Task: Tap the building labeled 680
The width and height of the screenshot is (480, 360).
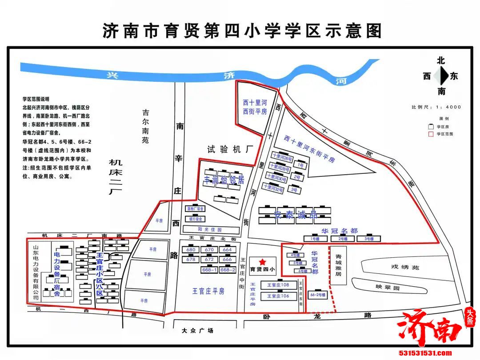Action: click(192, 250)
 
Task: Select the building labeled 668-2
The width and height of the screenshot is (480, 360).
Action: click(228, 270)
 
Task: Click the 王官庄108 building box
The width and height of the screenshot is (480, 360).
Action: click(278, 284)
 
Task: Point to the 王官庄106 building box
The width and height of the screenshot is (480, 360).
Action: click(278, 296)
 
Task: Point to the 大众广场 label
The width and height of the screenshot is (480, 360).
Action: click(198, 331)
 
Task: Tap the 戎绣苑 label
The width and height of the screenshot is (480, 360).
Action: click(405, 267)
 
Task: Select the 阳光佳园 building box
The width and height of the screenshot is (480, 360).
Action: click(209, 230)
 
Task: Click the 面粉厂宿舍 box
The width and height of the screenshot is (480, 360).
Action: click(195, 208)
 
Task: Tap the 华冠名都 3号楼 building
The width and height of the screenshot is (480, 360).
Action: click(368, 239)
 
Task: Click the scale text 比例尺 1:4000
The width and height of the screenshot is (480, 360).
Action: click(436, 107)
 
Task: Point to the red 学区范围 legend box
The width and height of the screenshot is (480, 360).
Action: click(430, 133)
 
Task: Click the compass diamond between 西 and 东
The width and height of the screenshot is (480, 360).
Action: click(440, 76)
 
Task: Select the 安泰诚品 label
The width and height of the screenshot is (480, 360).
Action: click(295, 215)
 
